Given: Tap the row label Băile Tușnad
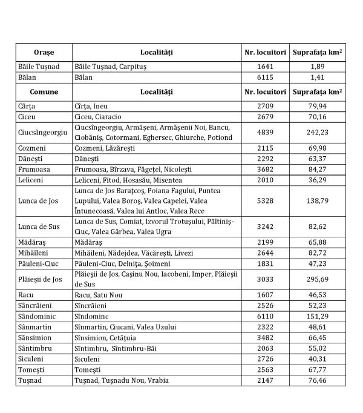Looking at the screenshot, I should coord(38,66).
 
